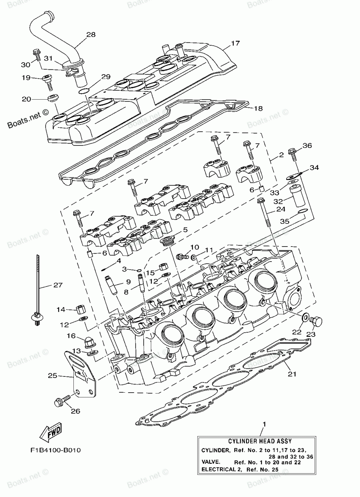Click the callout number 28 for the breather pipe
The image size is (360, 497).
91,35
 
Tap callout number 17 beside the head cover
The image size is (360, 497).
235,44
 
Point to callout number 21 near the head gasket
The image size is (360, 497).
292,374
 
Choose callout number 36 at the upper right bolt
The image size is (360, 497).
307,146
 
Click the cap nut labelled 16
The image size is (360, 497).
89,342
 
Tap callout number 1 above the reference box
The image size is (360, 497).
264,425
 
